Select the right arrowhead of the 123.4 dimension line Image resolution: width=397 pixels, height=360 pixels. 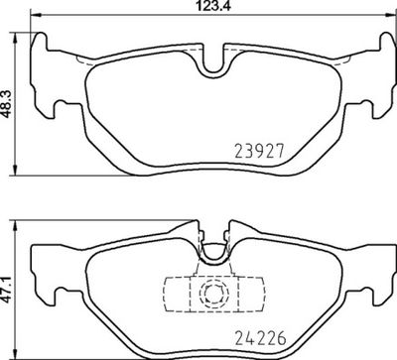click(x=384, y=17)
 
